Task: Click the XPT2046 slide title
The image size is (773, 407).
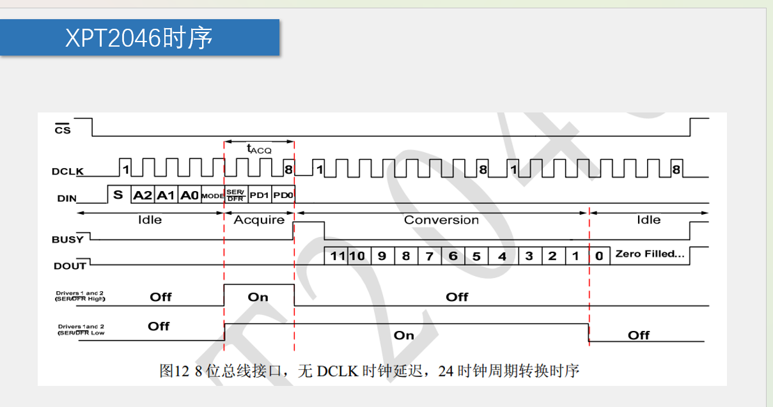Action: (x=139, y=38)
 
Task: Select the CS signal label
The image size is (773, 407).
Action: (x=63, y=130)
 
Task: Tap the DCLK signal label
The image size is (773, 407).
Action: (x=68, y=171)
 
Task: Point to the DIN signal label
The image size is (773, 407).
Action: (x=66, y=199)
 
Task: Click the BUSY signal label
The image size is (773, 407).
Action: (x=68, y=240)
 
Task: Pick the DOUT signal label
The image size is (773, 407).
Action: (x=68, y=266)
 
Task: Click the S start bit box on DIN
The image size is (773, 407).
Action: (x=118, y=195)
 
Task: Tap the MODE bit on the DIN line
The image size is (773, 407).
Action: (x=212, y=196)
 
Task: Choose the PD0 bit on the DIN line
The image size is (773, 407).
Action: (x=282, y=195)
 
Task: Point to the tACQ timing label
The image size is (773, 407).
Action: (x=259, y=149)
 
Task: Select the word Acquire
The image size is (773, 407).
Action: (x=259, y=220)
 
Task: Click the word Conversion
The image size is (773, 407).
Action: (x=441, y=220)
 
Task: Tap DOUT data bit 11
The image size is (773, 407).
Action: (x=336, y=256)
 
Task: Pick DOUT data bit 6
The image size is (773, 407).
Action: (x=453, y=256)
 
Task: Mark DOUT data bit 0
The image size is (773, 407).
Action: (x=599, y=256)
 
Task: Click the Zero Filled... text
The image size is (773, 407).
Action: (x=650, y=254)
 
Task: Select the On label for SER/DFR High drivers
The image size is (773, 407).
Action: (x=258, y=297)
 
